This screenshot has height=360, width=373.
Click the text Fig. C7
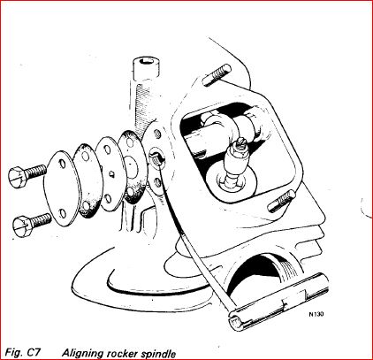coord(24,352)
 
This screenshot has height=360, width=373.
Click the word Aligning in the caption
coord(86,352)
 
